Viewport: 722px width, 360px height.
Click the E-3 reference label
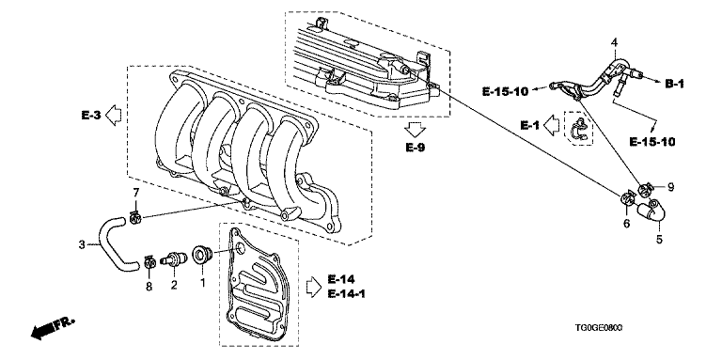coord(90,116)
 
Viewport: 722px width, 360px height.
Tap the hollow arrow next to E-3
coord(113,115)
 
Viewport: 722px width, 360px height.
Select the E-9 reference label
coord(416,148)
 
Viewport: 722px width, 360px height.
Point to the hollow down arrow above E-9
coord(416,130)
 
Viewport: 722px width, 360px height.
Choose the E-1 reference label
coord(529,125)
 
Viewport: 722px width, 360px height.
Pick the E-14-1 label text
coord(347,293)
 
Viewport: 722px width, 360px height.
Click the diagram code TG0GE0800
coord(598,328)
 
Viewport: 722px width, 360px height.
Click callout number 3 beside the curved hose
coord(82,244)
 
